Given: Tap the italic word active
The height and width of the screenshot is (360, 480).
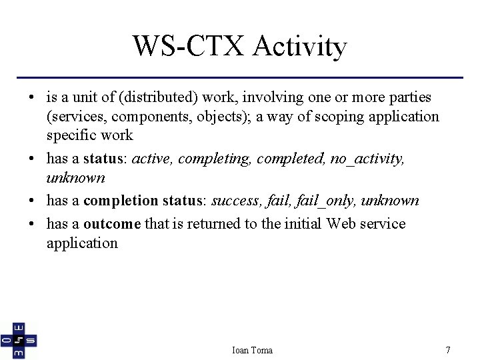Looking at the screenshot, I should tap(151, 159).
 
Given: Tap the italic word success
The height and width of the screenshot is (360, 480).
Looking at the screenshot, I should tap(237, 201).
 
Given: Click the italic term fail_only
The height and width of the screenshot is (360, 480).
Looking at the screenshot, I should tap(328, 201).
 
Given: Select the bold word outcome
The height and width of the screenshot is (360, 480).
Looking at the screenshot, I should tap(112, 223).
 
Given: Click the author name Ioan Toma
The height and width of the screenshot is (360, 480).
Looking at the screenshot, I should tap(252, 350).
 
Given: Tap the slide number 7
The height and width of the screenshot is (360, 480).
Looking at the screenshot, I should tap(448, 350).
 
